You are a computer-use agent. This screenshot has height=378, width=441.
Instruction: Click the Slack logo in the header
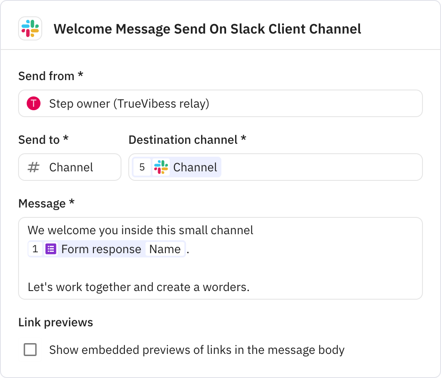coord(30,28)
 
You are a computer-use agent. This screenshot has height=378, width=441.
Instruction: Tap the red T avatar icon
coord(34,103)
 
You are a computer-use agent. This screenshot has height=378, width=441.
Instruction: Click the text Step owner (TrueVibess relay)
coord(129,104)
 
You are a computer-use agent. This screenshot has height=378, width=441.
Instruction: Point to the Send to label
coord(43,139)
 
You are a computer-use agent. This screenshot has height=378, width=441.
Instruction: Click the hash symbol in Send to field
coord(33,167)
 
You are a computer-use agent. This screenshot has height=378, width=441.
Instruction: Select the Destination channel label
coord(187,139)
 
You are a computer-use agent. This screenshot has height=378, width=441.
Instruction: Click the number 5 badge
coord(142,167)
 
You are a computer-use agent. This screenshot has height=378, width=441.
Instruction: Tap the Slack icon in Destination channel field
coord(161,167)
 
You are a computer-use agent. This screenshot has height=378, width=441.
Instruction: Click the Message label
coord(46,203)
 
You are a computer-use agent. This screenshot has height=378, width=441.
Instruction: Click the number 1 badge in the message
coord(35,249)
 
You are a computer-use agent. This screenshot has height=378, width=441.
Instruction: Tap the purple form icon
coord(51,249)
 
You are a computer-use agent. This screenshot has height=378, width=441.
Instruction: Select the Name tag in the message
coord(165,249)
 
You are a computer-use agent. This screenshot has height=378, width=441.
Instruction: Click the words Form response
coord(101,249)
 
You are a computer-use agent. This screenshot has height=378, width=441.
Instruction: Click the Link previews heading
coord(56,322)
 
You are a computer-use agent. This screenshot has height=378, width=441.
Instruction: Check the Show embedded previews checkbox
coord(30,350)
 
